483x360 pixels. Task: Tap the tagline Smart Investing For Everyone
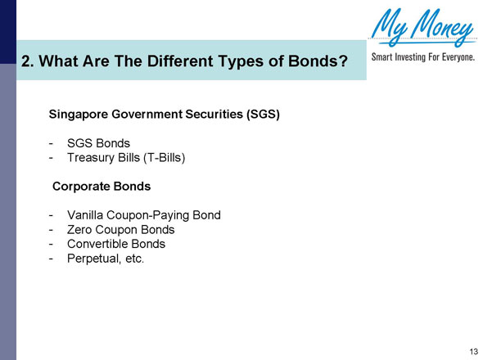coord(423,58)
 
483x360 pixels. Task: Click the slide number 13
coord(473,351)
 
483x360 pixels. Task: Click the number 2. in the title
coord(28,61)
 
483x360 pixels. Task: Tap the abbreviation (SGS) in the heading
coord(263,115)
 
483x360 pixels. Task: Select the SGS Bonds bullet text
coord(97,142)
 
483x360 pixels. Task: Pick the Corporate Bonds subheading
coord(102,186)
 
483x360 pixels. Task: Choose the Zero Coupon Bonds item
coord(120,230)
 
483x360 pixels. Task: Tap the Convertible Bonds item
coord(115,244)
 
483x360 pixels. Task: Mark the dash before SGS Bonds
coord(51,142)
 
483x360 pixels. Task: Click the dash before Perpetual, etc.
coord(51,259)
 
